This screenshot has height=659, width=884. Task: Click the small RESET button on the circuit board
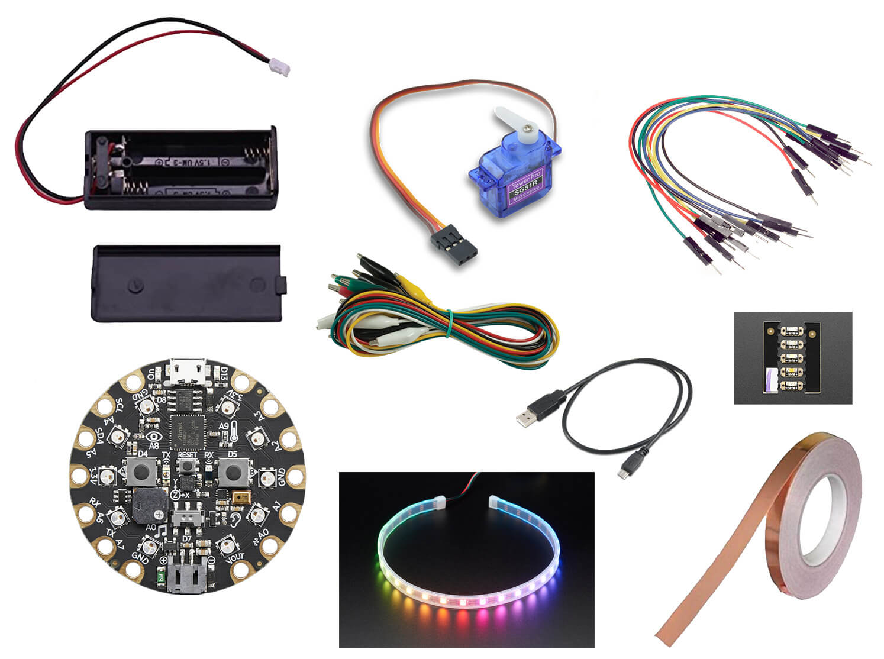[x=187, y=467]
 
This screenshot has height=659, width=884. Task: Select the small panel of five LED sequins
[x=792, y=358]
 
